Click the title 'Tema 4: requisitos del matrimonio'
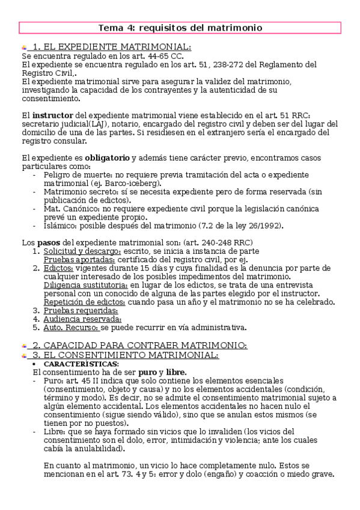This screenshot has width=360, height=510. click(x=180, y=28)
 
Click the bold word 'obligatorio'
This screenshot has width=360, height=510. click(x=107, y=158)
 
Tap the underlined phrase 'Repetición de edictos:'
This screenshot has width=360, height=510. click(x=84, y=302)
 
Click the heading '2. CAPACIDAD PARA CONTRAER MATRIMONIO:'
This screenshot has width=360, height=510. click(x=139, y=345)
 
